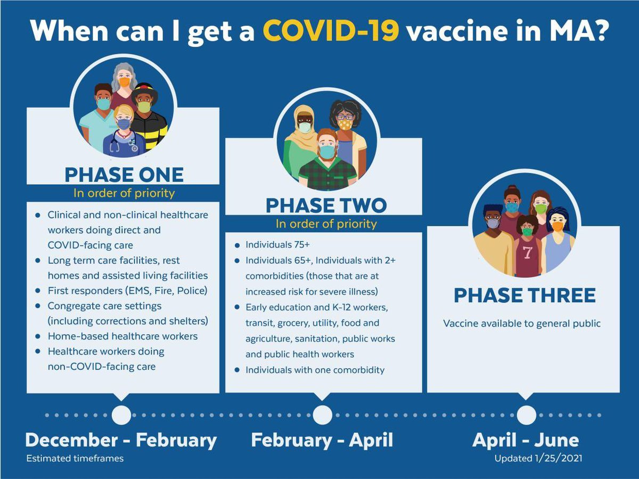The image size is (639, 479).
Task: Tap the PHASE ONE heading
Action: click(x=124, y=175)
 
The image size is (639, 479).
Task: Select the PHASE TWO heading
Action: click(x=326, y=205)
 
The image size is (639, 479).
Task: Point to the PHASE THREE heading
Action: click(x=524, y=296)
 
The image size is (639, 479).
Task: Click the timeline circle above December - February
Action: click(x=121, y=415)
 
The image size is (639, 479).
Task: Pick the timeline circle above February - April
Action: click(x=322, y=415)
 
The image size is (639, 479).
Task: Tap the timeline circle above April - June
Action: click(x=526, y=415)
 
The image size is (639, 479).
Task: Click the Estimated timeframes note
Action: click(x=75, y=458)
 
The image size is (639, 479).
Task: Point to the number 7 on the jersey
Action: click(x=527, y=253)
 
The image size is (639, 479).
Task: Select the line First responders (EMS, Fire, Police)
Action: click(x=127, y=291)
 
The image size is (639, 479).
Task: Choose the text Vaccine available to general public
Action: click(x=522, y=323)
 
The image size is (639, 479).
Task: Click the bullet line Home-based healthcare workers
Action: click(x=122, y=336)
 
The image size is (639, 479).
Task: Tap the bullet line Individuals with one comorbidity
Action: click(x=315, y=369)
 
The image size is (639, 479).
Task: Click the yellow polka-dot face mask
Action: click(x=345, y=125)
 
